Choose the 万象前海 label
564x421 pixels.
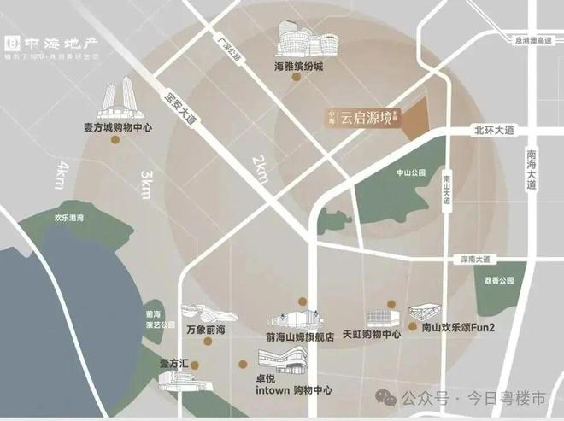click(206, 327)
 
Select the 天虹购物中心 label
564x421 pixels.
click(370, 335)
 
